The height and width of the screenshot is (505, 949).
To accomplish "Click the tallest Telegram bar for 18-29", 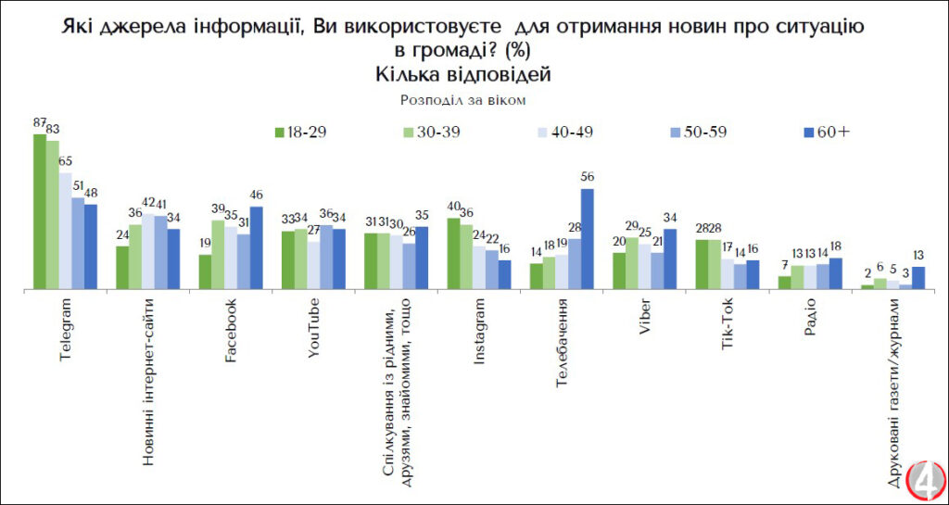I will (40, 212).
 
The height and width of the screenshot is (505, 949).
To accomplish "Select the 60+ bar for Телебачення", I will (587, 239).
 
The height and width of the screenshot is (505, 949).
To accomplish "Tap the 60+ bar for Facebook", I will (257, 248).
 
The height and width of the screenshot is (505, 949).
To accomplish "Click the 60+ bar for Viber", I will (671, 259).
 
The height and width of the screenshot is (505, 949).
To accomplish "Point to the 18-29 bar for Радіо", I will (784, 282).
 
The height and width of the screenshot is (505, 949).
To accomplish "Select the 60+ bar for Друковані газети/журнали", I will (918, 278).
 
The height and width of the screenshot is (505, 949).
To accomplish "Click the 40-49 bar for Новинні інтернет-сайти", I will (148, 251).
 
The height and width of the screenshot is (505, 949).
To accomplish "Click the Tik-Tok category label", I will (728, 323).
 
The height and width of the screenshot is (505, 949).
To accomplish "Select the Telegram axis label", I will (66, 329).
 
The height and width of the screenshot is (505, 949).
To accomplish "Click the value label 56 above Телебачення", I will (587, 177).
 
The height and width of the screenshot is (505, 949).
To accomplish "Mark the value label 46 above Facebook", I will (257, 196).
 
